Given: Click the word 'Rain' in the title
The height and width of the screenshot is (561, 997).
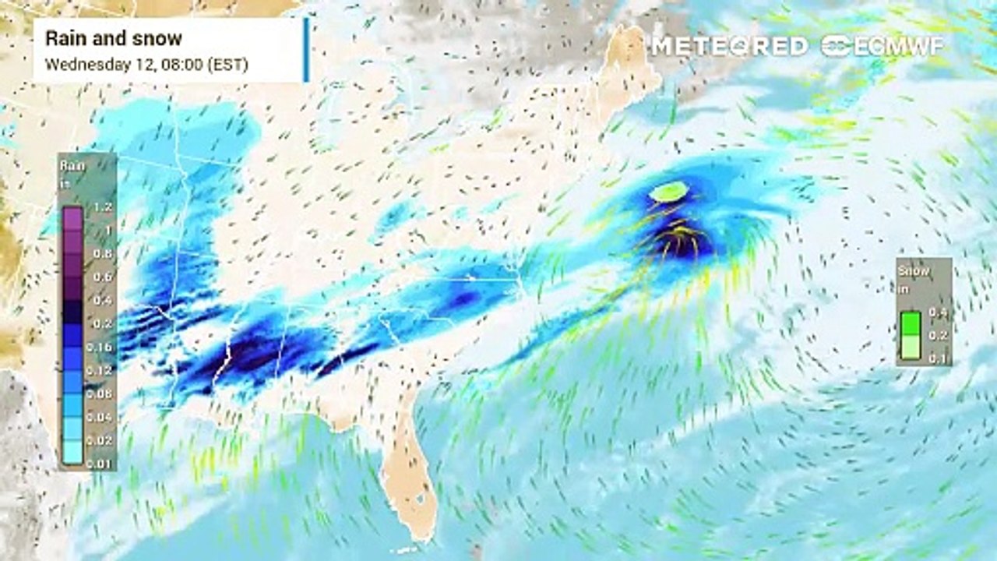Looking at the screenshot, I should (x=62, y=38).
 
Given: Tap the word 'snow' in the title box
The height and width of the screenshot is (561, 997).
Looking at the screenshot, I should (x=160, y=38).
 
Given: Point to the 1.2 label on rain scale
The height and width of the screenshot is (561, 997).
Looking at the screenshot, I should (x=103, y=208).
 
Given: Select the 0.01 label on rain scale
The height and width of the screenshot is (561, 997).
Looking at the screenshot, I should (x=103, y=465).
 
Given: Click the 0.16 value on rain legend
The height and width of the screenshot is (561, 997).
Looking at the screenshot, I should (x=103, y=348).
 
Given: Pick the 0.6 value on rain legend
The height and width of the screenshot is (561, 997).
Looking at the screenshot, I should (x=103, y=277).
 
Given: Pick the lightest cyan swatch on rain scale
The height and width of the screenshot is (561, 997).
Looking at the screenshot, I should (x=72, y=454).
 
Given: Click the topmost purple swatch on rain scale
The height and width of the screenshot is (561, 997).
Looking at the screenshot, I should (x=72, y=217).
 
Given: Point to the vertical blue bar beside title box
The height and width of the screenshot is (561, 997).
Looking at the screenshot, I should (x=306, y=50).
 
